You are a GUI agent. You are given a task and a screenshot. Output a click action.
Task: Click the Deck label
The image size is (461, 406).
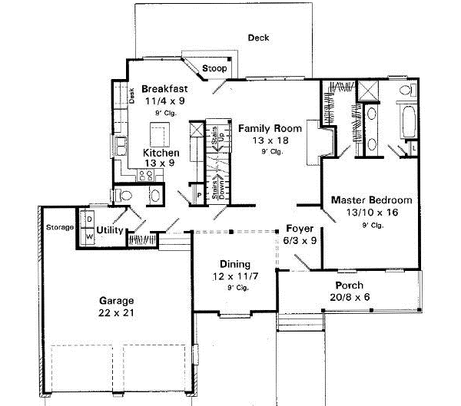coord(258,38)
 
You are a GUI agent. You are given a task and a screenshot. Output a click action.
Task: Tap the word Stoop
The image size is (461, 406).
coord(214,69)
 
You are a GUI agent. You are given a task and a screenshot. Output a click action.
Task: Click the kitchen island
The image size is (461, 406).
coord(160,137)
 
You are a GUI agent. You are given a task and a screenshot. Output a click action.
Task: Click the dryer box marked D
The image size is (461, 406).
coord(88,220)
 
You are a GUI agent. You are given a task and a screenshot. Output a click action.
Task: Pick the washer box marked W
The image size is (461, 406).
coord(88,236)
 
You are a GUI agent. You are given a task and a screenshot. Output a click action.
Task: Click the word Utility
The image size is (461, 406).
coord(110,229)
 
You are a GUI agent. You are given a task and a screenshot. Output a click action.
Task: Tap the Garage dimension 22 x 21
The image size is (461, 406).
coord(116,313)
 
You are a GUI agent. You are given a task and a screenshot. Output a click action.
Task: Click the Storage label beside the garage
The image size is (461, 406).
coord(59,227)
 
